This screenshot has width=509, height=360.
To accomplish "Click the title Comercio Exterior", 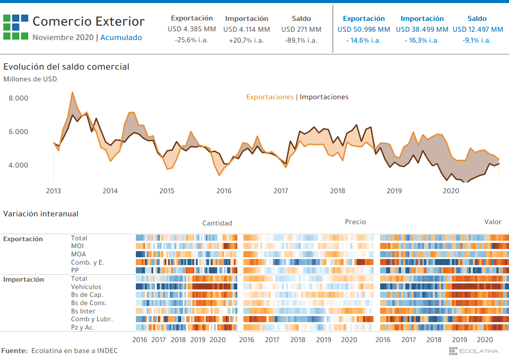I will (x=88, y=21).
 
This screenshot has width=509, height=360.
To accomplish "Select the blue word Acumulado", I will (x=121, y=37).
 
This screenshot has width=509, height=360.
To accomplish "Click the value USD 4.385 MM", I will (x=192, y=30).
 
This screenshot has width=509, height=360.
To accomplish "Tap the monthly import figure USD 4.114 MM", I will (x=246, y=30).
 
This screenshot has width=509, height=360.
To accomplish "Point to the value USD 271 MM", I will (x=301, y=30).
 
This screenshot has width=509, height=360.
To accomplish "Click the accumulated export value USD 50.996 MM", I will (x=364, y=30).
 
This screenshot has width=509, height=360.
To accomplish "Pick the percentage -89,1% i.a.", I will (x=301, y=40).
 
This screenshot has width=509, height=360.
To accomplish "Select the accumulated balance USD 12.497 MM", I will (x=478, y=30).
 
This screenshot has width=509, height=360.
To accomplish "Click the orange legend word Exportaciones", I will (x=270, y=97).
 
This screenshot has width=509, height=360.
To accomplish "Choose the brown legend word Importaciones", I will (x=324, y=97).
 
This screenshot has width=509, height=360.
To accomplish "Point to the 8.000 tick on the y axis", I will (x=19, y=98).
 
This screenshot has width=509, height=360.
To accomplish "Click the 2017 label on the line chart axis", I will (x=281, y=191).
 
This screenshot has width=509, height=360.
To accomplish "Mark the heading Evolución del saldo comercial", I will (x=66, y=67).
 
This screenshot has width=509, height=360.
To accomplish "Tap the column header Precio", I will (x=355, y=222).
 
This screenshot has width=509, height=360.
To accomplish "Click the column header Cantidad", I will (x=217, y=223).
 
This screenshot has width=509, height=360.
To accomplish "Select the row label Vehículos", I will (x=86, y=287).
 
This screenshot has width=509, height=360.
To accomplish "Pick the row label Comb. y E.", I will (x=88, y=262).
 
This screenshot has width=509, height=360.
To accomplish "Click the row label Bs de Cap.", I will (x=87, y=295).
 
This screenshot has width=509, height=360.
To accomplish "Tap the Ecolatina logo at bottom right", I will (x=477, y=351).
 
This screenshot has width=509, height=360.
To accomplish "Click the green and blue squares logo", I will (x=16, y=27).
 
